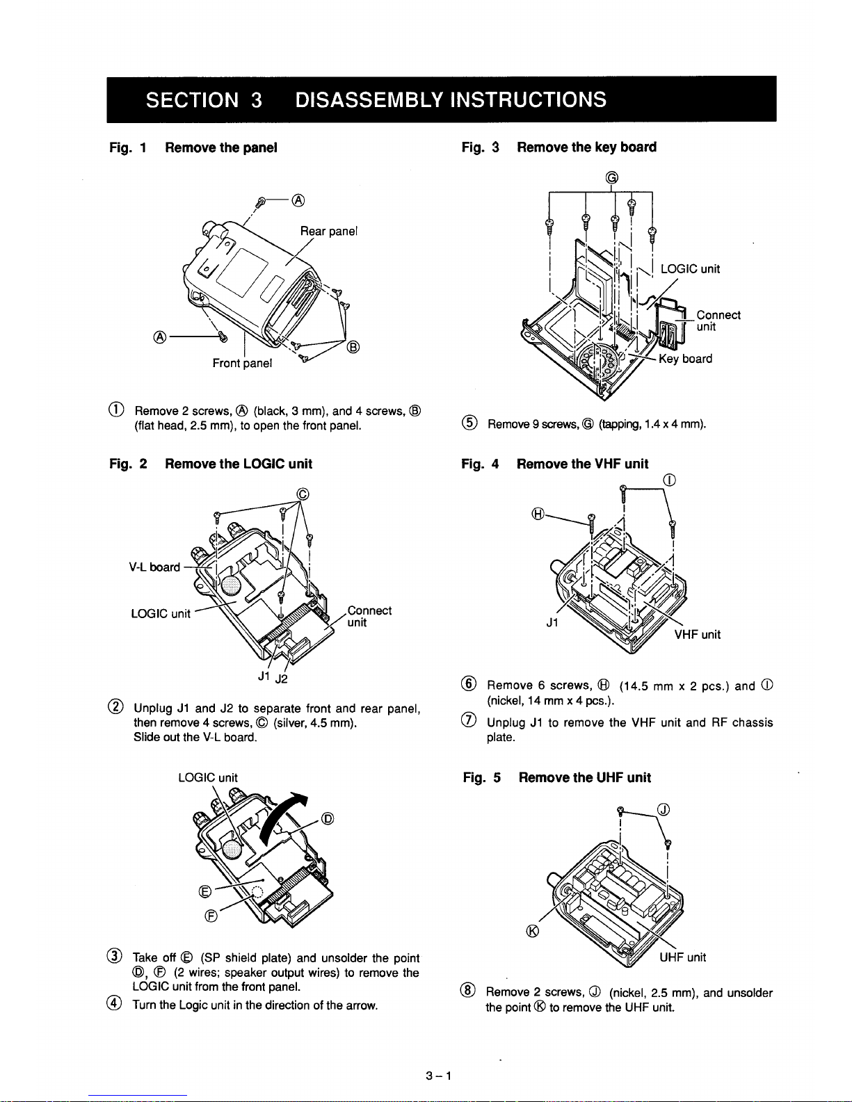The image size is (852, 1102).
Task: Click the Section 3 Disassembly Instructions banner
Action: point(441,99)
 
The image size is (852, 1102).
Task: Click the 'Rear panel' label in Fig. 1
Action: point(328,231)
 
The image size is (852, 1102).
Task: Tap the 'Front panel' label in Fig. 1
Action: point(242,363)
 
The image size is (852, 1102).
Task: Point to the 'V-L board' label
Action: point(154,567)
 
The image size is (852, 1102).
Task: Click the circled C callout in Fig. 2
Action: point(302,494)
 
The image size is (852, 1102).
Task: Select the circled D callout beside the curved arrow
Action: point(328,817)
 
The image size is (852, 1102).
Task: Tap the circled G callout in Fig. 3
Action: point(611,177)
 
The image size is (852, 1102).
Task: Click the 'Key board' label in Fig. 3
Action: point(686,359)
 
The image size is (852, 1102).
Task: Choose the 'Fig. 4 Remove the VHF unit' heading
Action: point(555,464)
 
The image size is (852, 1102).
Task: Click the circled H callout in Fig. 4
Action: point(537,514)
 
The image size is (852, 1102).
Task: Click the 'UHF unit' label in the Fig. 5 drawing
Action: point(682,957)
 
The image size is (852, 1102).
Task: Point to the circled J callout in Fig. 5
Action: point(664,809)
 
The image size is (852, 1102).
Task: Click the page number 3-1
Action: point(440,1077)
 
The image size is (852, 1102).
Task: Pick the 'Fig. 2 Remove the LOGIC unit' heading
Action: point(211,464)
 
